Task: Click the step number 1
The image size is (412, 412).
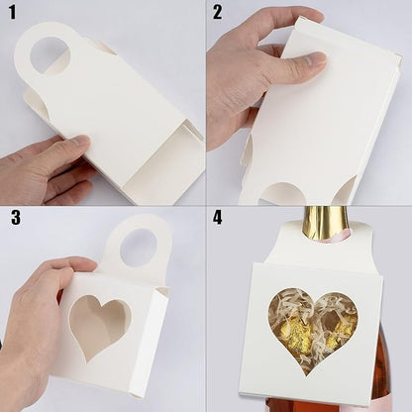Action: [12, 13]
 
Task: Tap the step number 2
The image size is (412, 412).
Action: [217, 13]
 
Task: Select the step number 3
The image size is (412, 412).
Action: [16, 218]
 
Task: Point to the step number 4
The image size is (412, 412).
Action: [217, 218]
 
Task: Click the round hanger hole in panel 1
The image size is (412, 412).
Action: [51, 55]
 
